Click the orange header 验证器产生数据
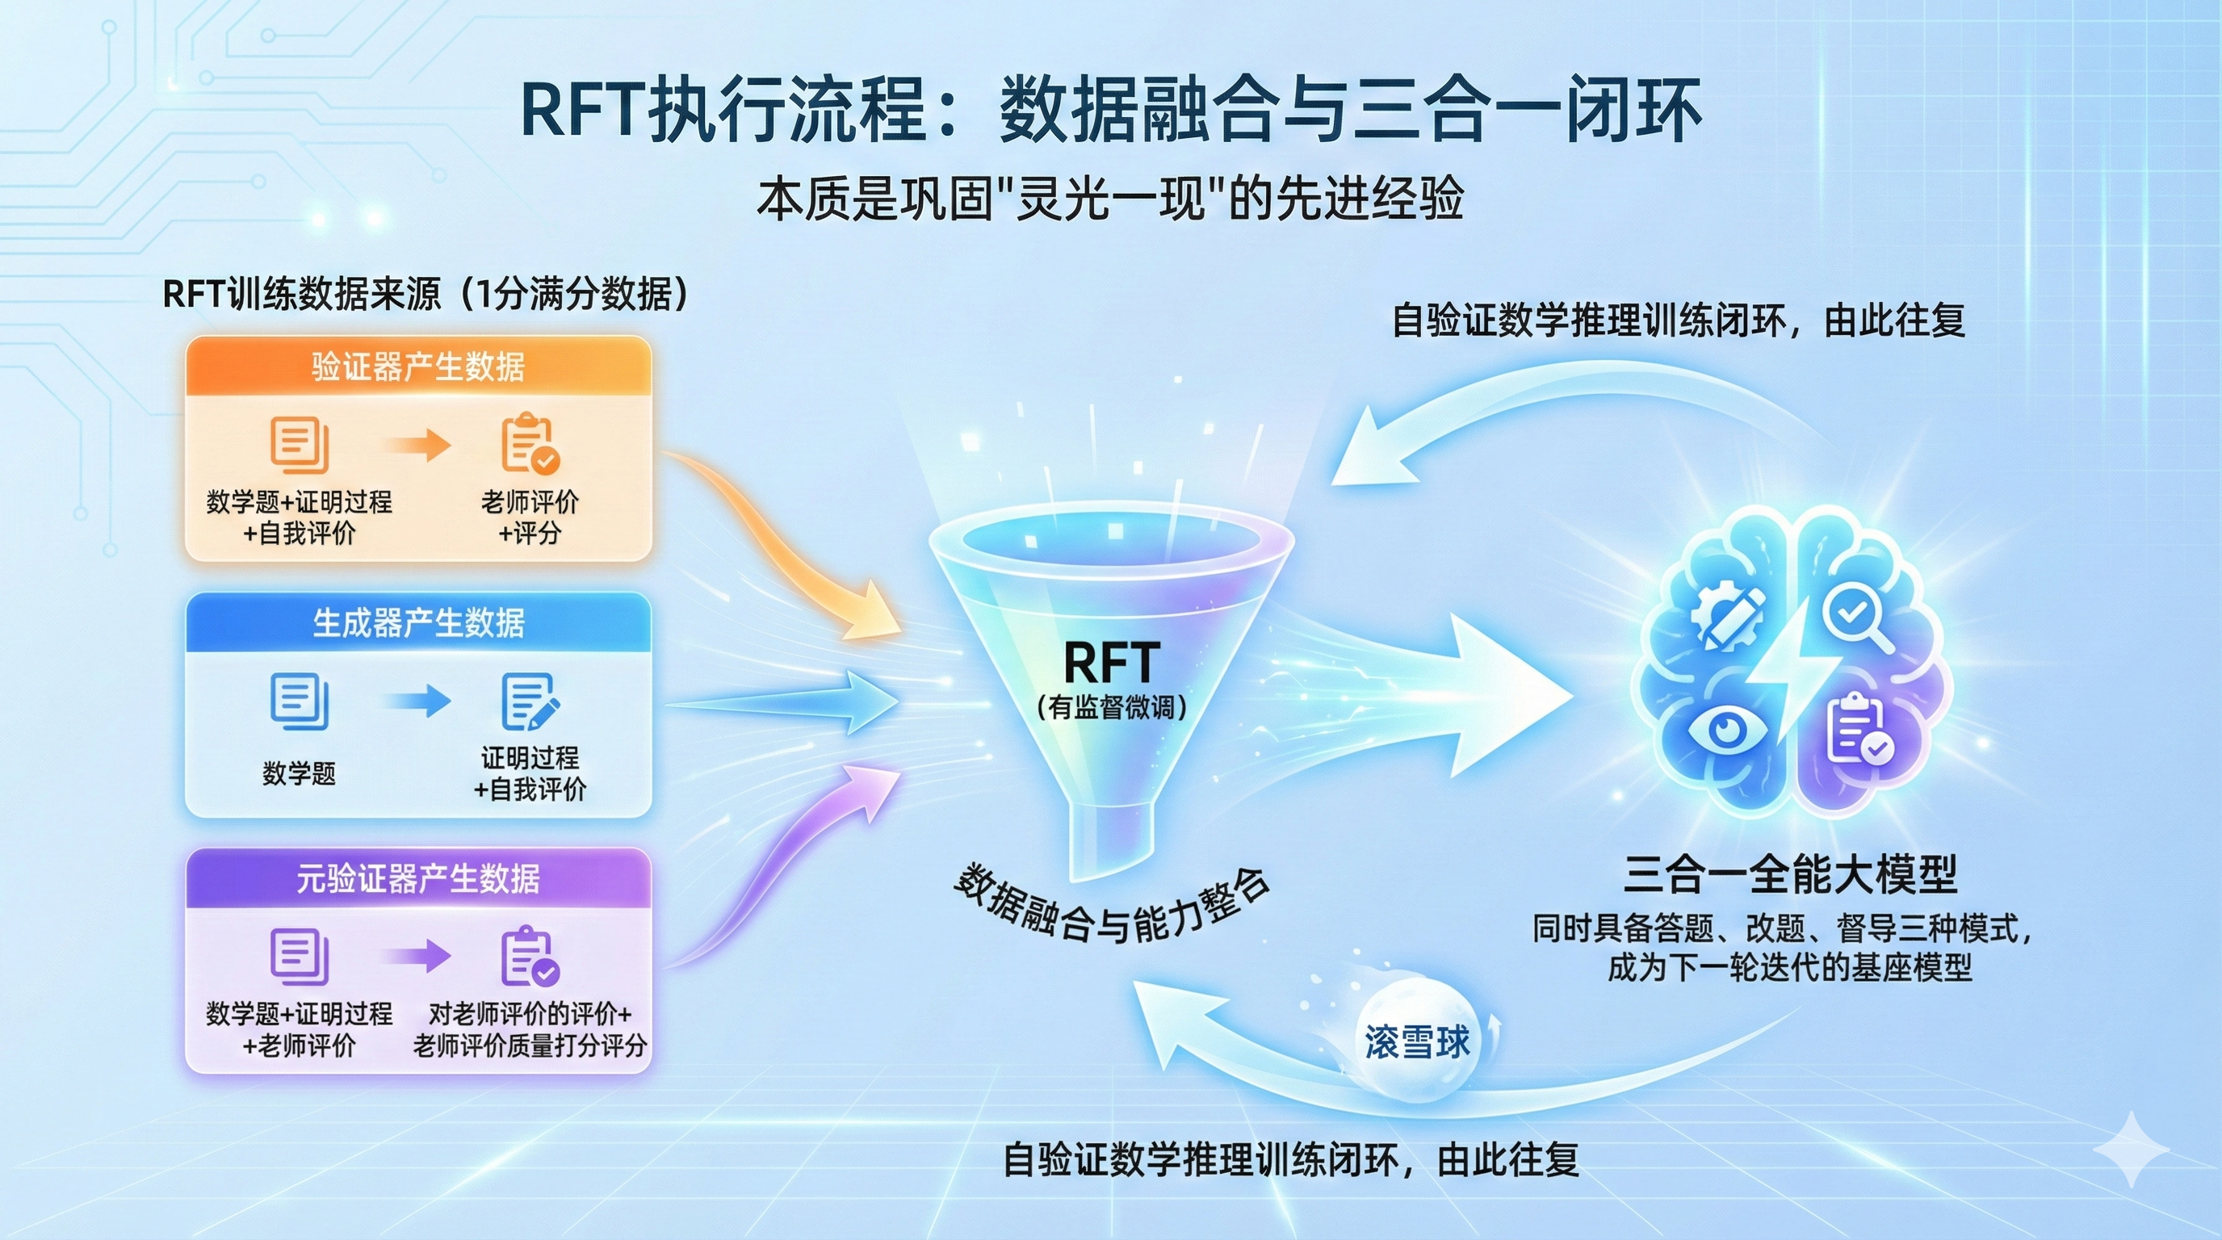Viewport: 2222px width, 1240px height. (418, 367)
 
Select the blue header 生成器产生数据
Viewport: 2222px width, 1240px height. (418, 622)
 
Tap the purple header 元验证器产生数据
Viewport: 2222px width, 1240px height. (418, 878)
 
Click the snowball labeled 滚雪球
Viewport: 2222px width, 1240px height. (1416, 1041)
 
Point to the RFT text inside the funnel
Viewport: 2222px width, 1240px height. (1111, 662)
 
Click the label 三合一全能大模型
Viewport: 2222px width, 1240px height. (1790, 874)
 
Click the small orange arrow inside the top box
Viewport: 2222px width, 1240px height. (417, 445)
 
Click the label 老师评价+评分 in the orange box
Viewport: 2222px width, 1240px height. (530, 517)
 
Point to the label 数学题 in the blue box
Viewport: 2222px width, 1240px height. (299, 773)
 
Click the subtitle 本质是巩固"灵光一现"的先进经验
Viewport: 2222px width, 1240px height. (1110, 199)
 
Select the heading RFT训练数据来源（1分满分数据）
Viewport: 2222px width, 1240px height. (426, 294)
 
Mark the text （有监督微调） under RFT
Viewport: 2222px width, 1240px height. (1111, 707)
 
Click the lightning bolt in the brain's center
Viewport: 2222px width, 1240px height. (1790, 672)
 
